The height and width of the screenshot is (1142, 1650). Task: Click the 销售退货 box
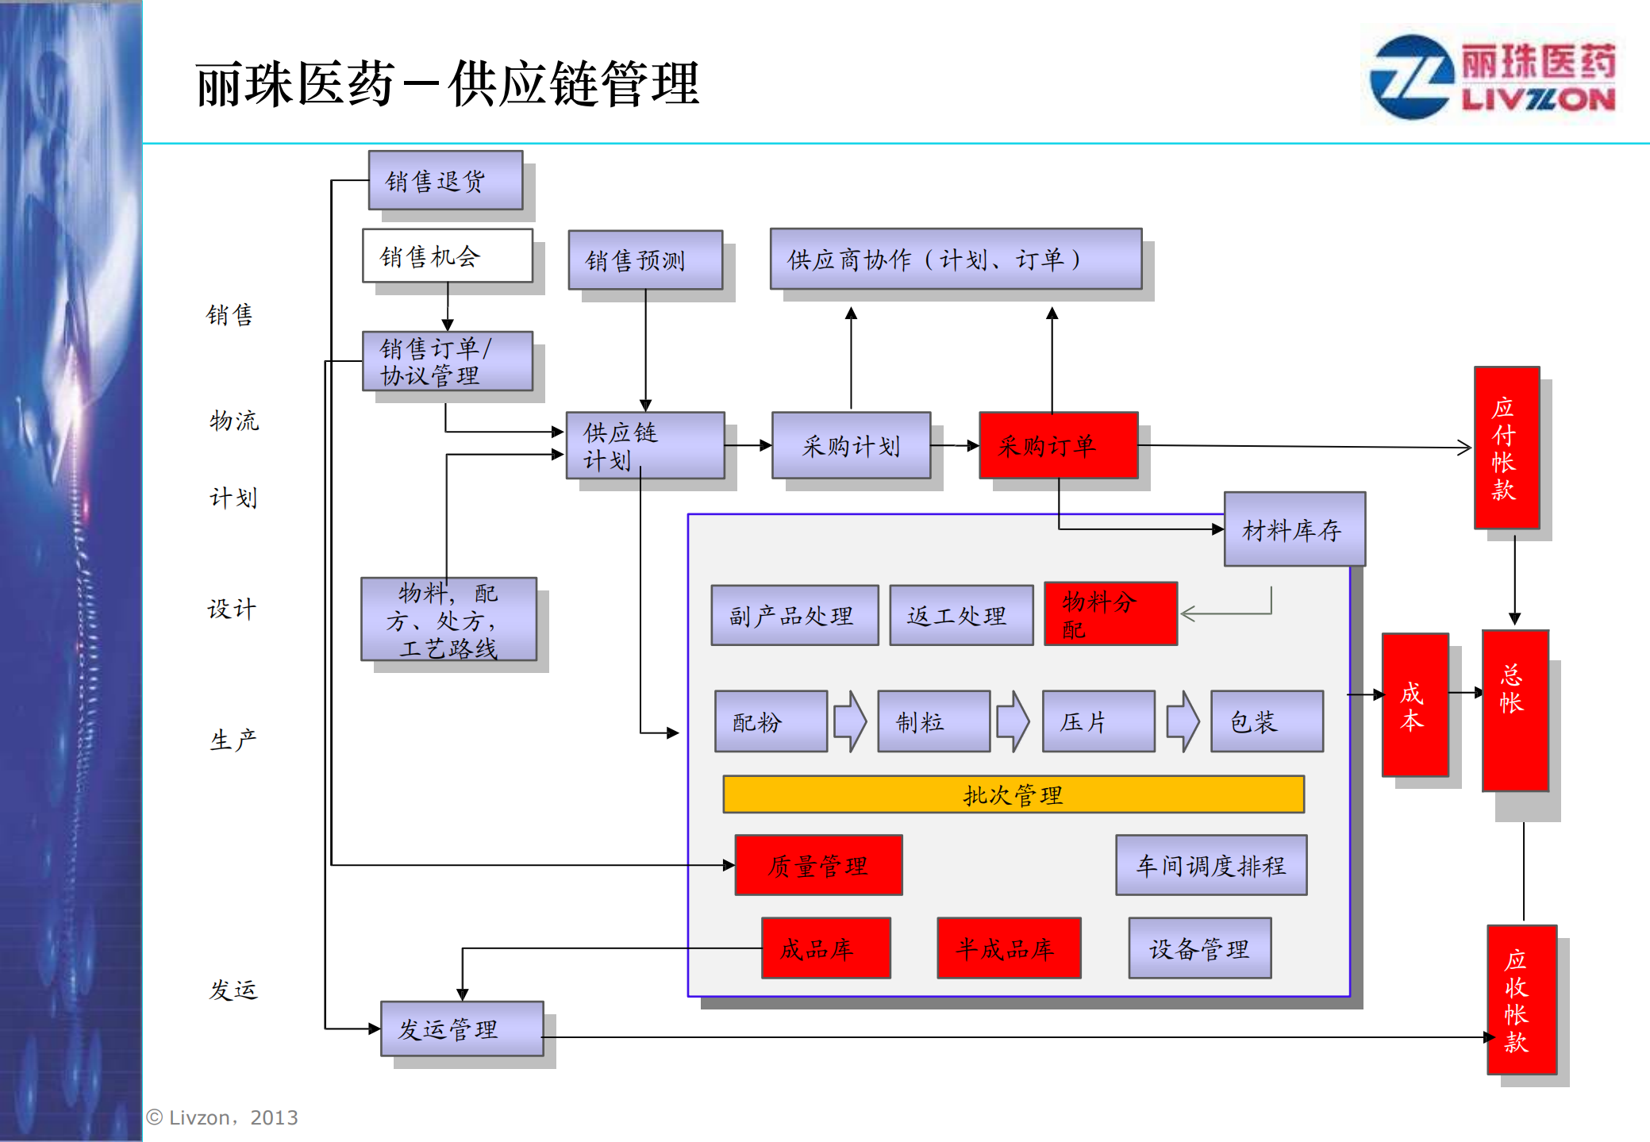(445, 180)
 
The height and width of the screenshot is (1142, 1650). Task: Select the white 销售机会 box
(447, 256)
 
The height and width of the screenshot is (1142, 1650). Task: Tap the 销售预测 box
(644, 260)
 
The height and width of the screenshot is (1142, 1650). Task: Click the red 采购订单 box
(1058, 445)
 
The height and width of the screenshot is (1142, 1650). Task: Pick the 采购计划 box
(851, 445)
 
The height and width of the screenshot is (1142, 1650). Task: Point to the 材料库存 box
(1294, 529)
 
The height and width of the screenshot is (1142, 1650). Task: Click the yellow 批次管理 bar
(1013, 794)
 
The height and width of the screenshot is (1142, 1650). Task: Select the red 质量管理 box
(818, 865)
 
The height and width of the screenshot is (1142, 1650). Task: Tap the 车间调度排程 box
(1210, 865)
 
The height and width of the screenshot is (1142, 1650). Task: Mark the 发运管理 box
(462, 1029)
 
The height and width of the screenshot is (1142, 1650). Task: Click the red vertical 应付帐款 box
(1506, 448)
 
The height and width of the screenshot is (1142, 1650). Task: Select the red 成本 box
(1414, 705)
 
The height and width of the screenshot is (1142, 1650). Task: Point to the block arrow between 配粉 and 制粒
(850, 721)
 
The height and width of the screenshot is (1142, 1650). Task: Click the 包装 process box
(1266, 721)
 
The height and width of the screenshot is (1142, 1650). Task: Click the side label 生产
(233, 740)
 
